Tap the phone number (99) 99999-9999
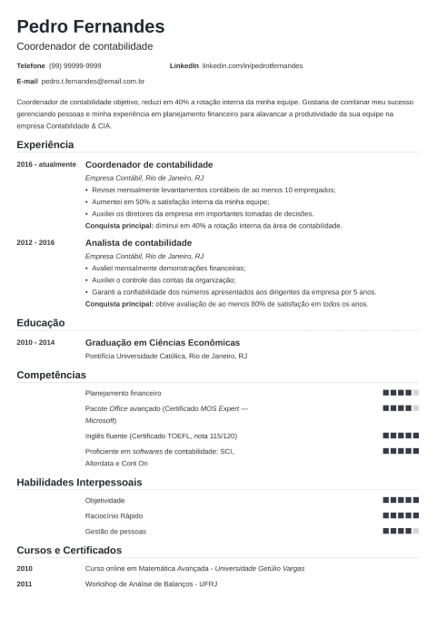point(75,66)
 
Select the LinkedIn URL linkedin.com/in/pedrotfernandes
point(252,66)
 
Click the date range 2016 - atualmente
point(46,164)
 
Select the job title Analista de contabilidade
point(138,243)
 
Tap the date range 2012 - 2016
point(35,243)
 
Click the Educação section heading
point(41,322)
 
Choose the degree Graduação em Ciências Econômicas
point(162,343)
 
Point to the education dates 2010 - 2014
point(35,343)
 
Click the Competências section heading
point(51,374)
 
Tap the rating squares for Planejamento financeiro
point(401,393)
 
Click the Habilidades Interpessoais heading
point(79,481)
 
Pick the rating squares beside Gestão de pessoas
point(401,530)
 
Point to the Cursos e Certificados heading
point(69,550)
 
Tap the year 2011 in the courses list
point(24,584)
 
